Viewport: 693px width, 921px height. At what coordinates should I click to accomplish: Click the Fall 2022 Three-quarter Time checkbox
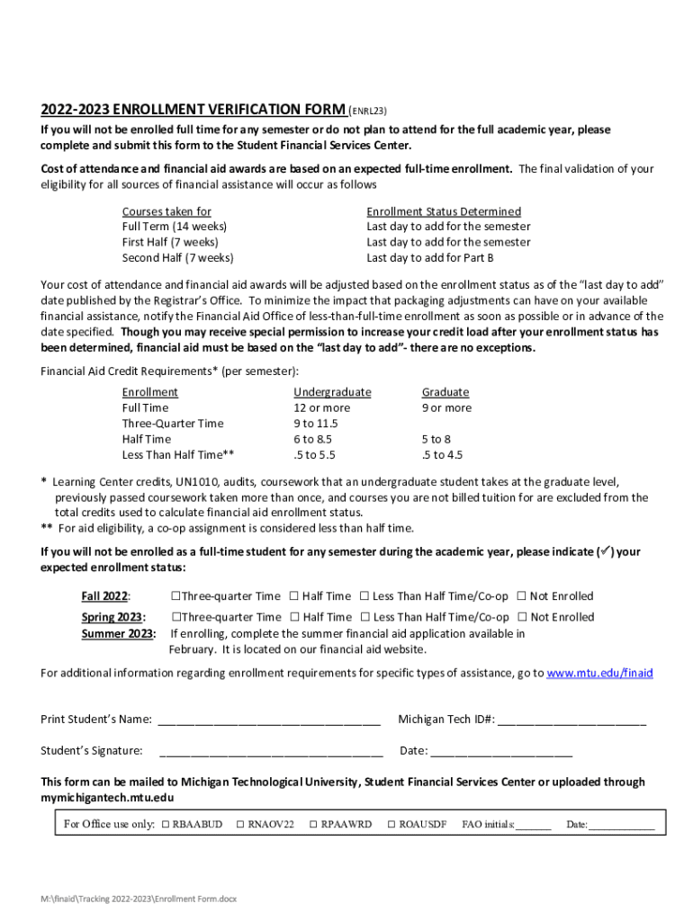pos(175,596)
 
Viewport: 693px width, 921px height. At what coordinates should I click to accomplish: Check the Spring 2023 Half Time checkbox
pos(293,617)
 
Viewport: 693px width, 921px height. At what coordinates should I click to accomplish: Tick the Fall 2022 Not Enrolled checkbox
pos(520,596)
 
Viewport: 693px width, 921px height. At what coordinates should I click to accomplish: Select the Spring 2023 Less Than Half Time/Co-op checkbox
pos(364,617)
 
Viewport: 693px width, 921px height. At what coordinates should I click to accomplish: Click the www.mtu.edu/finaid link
pos(599,673)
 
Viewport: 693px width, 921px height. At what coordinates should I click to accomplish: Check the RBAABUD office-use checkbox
pos(166,825)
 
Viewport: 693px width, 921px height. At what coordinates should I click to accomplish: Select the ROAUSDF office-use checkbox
pos(391,825)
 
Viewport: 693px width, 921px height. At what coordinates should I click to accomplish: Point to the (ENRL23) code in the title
pos(368,112)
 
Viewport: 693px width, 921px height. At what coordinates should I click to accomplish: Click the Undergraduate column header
pos(332,392)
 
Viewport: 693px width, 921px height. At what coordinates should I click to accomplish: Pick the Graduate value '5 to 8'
pos(436,439)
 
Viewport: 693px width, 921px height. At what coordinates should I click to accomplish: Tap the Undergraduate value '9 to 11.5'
pos(315,424)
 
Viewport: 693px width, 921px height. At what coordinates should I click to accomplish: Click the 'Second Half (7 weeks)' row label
pos(177,258)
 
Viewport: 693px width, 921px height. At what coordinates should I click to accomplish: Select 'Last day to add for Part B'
pos(430,258)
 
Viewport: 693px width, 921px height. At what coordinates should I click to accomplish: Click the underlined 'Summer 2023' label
pos(118,633)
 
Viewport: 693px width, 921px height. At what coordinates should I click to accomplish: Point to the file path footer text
pos(144,899)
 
